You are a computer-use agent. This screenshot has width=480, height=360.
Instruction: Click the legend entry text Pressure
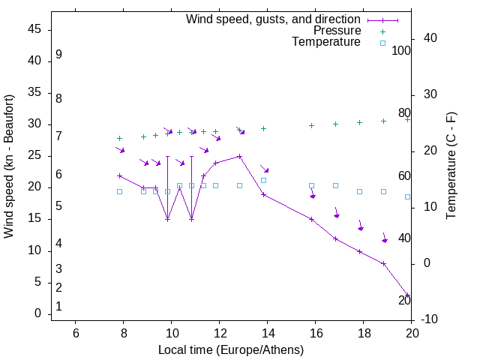click(337, 31)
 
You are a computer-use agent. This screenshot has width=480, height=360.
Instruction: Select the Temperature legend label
click(326, 42)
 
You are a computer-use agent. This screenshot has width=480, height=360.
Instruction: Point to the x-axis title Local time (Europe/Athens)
click(231, 349)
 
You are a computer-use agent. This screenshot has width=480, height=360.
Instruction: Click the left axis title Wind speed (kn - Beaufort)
click(9, 166)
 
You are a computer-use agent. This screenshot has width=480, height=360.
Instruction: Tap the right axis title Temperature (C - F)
click(451, 166)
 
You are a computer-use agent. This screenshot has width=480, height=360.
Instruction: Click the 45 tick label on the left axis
click(34, 29)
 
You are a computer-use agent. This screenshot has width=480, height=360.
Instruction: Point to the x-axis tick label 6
click(75, 334)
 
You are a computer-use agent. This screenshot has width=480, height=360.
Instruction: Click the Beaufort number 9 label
click(58, 55)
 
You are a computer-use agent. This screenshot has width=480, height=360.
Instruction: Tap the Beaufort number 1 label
click(58, 307)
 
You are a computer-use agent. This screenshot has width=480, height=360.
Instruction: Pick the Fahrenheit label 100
click(402, 51)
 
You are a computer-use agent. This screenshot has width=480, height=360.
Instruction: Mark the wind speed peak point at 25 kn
click(239, 156)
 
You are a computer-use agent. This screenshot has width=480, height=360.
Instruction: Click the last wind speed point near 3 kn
click(407, 295)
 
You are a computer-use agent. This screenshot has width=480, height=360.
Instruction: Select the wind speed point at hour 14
click(263, 194)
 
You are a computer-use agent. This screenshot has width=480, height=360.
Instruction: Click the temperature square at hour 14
click(263, 180)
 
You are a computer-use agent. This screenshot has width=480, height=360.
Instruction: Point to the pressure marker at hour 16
click(311, 125)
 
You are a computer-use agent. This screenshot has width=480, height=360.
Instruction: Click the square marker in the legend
click(382, 43)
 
